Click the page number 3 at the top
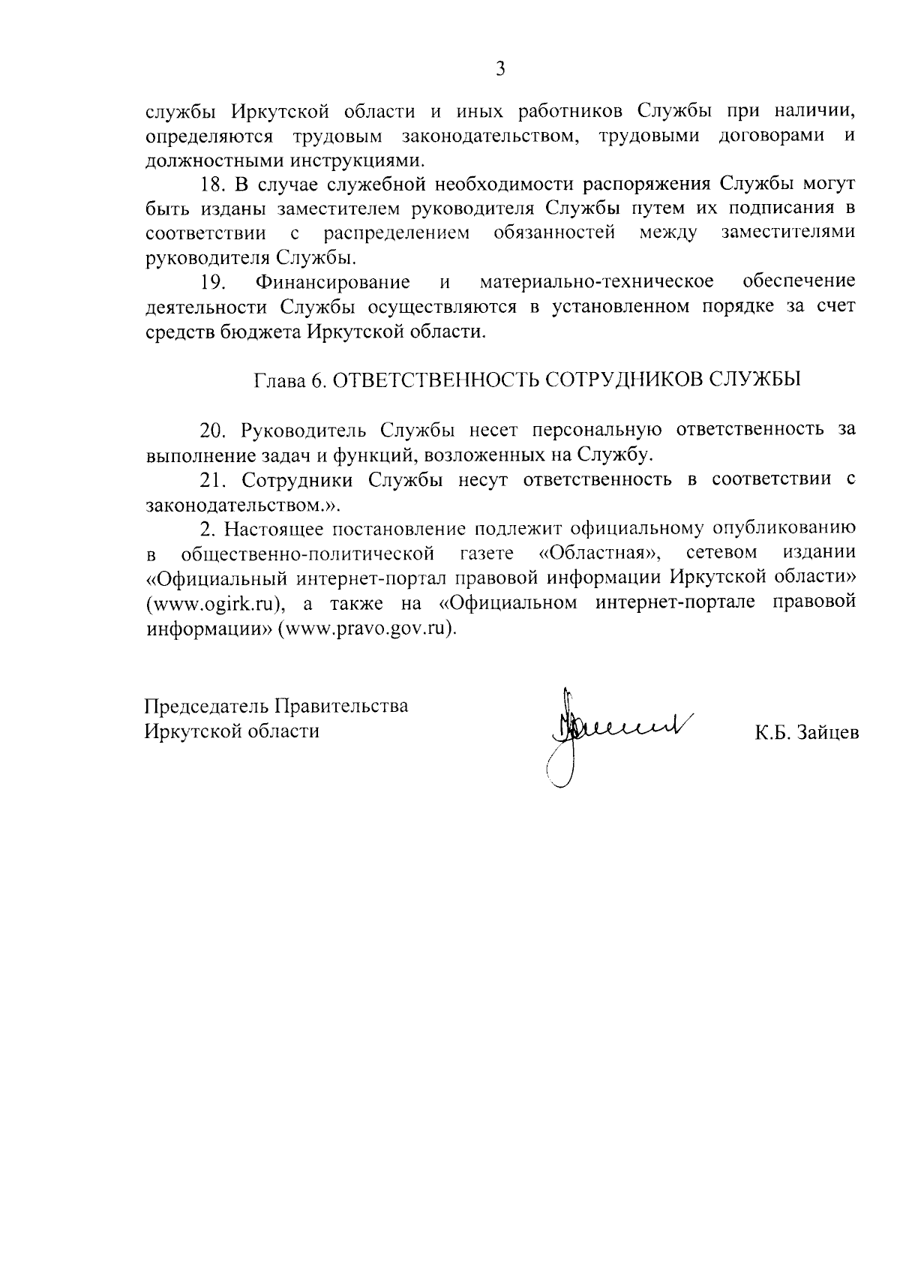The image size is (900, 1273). click(500, 70)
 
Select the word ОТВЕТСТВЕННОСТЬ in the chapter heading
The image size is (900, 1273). click(436, 380)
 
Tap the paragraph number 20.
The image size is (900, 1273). click(213, 430)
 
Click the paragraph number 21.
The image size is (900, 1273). click(213, 479)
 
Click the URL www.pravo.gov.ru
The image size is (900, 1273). click(367, 629)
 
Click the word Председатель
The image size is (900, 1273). click(208, 707)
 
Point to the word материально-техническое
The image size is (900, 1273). click(595, 283)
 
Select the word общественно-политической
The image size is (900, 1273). click(308, 554)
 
